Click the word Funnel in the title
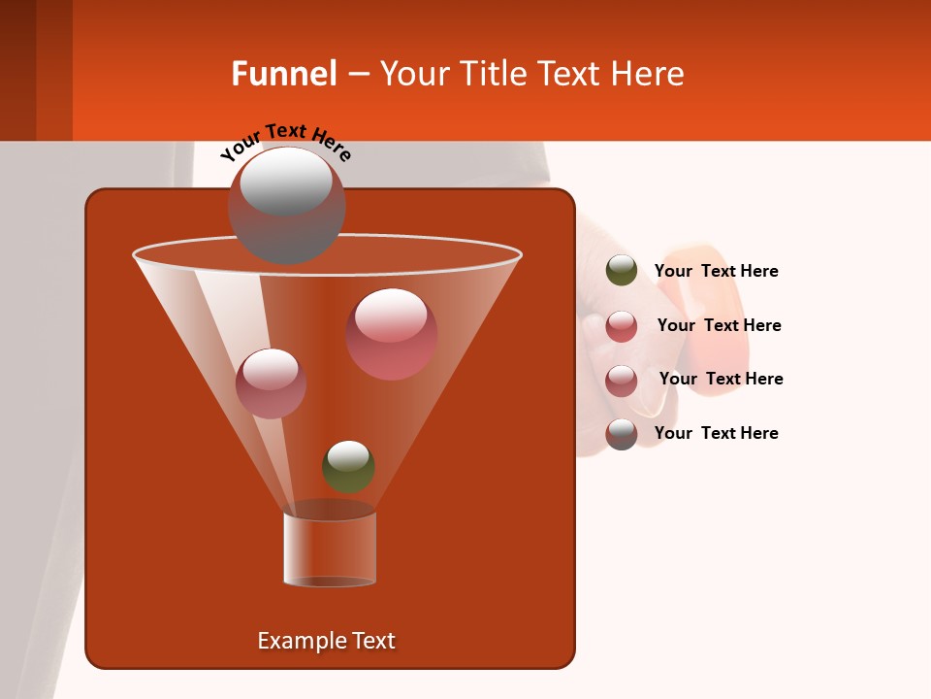(x=283, y=74)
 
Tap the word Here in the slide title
(x=648, y=74)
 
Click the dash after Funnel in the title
(x=357, y=74)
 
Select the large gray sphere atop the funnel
(x=286, y=205)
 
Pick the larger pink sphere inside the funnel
(x=392, y=333)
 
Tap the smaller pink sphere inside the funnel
(x=272, y=383)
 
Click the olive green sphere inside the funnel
(x=348, y=466)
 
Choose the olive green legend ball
(x=622, y=271)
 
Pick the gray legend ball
(x=622, y=434)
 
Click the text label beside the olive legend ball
(x=716, y=271)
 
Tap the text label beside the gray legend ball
(x=716, y=433)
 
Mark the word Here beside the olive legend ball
(x=759, y=271)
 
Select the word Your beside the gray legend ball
(x=672, y=433)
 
